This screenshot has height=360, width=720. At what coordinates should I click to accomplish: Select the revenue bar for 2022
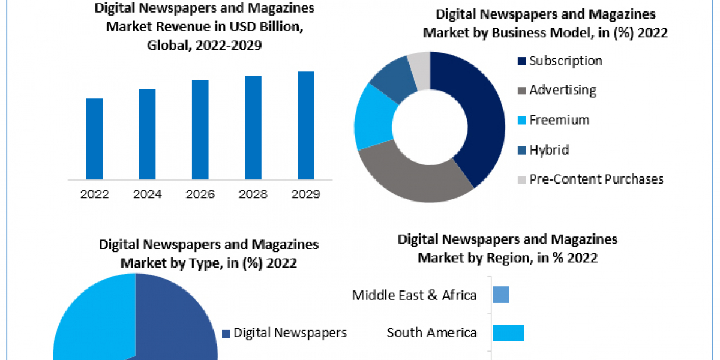tap(94, 139)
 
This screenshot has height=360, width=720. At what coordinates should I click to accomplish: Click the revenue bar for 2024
tap(147, 134)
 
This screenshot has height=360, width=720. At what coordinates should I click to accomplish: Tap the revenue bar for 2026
tap(200, 129)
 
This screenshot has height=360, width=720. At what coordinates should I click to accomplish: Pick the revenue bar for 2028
tap(253, 127)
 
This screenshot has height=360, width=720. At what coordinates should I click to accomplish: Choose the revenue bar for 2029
tap(306, 125)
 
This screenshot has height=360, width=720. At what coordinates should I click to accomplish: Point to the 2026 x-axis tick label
tap(200, 194)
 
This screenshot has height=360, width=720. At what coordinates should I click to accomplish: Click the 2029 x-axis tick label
tap(306, 194)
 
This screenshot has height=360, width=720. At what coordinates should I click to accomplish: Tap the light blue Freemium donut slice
tap(372, 117)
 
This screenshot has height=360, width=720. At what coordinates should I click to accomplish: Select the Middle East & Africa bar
tap(501, 295)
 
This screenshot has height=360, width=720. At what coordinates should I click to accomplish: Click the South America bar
tap(508, 333)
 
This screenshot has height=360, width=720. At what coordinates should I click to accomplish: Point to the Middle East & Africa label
tap(414, 295)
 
